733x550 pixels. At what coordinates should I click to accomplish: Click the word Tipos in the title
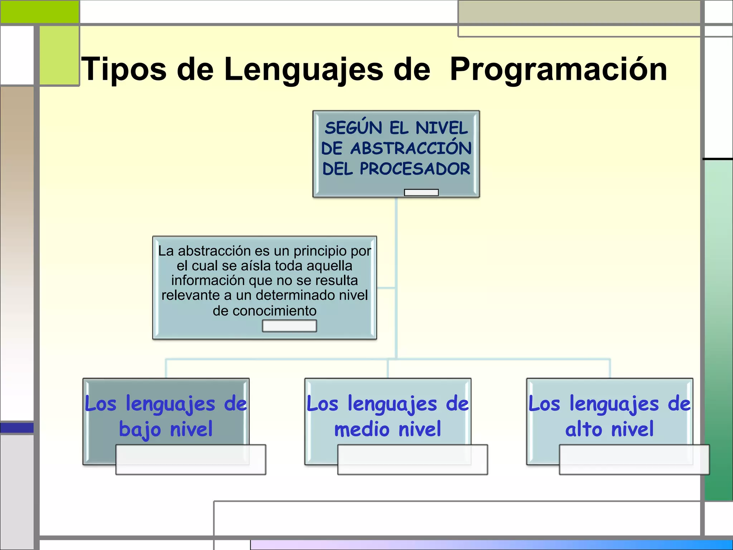(124, 69)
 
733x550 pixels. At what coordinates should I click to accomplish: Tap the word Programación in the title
(558, 69)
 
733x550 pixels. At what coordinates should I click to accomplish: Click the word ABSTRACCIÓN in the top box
(411, 148)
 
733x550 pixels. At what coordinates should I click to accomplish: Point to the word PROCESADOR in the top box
(415, 169)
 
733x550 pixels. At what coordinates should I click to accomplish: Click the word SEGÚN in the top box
(354, 128)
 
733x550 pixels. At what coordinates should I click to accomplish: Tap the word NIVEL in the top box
(442, 128)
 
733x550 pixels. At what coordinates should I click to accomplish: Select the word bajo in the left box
(140, 429)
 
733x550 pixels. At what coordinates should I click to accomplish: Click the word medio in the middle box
(361, 429)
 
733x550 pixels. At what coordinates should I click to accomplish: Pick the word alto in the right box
(584, 429)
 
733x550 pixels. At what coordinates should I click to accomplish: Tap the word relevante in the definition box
(191, 295)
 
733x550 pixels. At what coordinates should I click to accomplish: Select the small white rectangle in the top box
(421, 193)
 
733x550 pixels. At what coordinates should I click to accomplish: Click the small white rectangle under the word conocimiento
(289, 326)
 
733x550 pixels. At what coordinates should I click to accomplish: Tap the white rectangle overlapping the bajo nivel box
(191, 460)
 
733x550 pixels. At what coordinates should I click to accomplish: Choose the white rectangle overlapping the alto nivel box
(634, 460)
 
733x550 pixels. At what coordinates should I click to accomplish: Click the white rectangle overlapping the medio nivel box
(412, 460)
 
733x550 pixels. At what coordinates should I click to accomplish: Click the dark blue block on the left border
(17, 428)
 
